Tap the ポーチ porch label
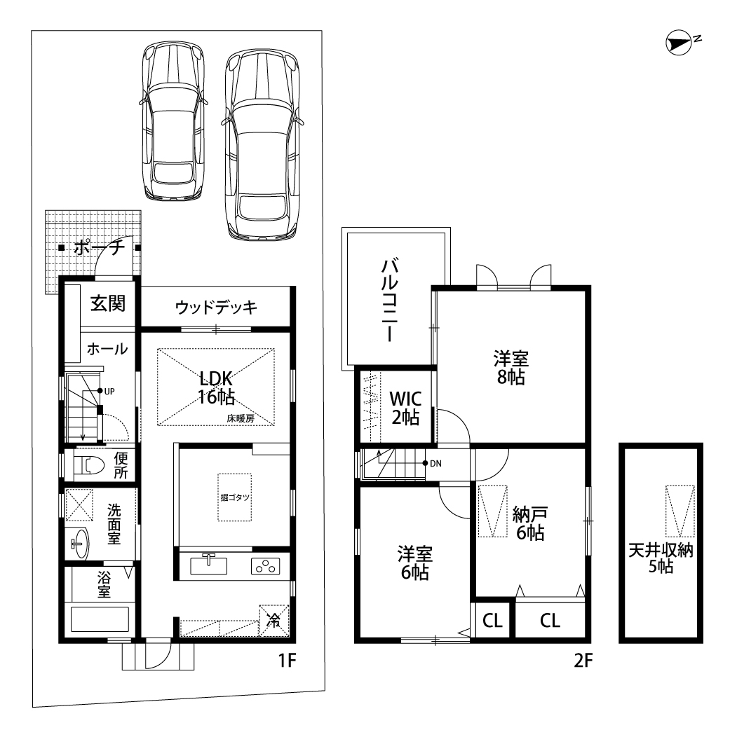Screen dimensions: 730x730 (x=99, y=247)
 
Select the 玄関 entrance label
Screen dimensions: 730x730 (x=108, y=303)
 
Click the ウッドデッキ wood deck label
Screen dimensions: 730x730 (x=216, y=307)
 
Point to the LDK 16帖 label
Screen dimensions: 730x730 (x=216, y=387)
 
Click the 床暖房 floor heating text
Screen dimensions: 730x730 (x=241, y=418)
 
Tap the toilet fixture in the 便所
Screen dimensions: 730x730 (x=89, y=464)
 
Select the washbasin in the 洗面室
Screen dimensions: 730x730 (x=79, y=544)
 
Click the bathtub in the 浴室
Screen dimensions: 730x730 (x=100, y=619)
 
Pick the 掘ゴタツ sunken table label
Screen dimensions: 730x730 (x=235, y=497)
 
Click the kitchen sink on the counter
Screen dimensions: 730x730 (x=209, y=565)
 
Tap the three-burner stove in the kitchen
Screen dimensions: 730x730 (x=266, y=566)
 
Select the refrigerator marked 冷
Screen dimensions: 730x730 (x=274, y=620)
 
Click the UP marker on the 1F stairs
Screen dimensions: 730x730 (x=107, y=391)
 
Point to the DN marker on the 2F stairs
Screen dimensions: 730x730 (x=432, y=463)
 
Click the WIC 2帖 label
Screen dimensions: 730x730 (x=405, y=408)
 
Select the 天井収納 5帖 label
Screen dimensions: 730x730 (x=661, y=558)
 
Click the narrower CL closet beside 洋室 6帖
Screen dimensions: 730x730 (x=493, y=620)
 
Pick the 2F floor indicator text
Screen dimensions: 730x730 (x=583, y=660)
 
